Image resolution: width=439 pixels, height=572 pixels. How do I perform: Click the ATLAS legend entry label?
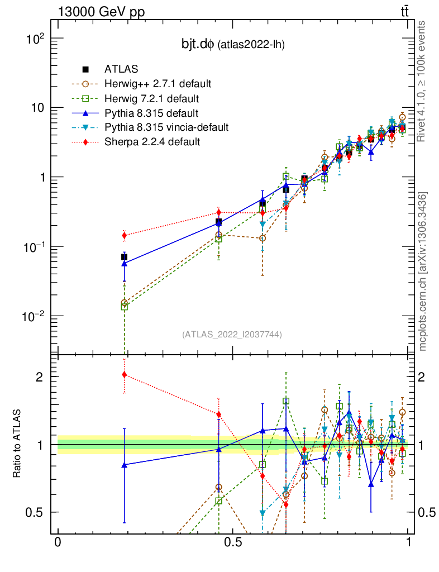tap(118, 69)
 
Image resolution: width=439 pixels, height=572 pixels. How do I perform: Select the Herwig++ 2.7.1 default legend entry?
tap(158, 84)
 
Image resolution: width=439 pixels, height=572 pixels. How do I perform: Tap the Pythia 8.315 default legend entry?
tap(152, 113)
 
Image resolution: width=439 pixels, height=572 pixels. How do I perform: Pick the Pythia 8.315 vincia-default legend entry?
tap(166, 127)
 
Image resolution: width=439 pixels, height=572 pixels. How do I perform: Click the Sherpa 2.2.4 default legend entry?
tap(152, 142)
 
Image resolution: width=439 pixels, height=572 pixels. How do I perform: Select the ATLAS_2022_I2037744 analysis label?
tap(232, 335)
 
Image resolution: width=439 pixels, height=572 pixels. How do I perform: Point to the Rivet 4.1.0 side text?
tap(423, 81)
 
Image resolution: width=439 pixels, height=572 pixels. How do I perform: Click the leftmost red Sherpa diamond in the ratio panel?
tap(124, 374)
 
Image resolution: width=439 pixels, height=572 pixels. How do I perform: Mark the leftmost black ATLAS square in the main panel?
tap(124, 257)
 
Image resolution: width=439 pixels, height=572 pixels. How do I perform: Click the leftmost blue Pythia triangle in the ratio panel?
tap(124, 464)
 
